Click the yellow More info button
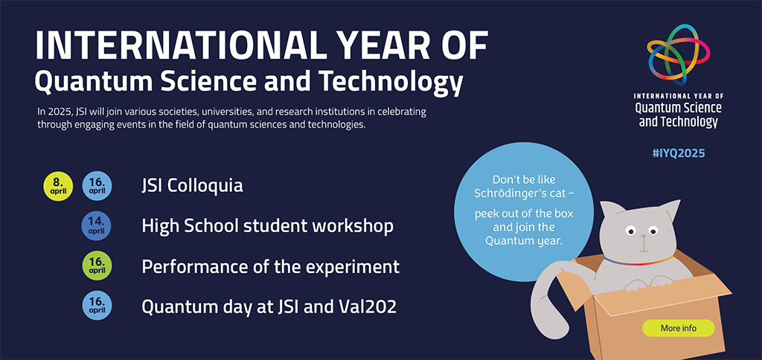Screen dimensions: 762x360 tap(679, 328)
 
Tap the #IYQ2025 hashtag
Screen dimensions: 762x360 tap(678, 153)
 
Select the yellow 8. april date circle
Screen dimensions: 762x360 tap(58, 187)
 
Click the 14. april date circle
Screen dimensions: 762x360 tap(97, 226)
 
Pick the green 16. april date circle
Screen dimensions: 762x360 tap(97, 266)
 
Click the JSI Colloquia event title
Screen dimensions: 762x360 tap(192, 186)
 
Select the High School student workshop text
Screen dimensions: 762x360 tap(268, 226)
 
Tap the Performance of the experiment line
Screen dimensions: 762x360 tap(271, 267)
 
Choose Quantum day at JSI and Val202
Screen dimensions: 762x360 tap(269, 306)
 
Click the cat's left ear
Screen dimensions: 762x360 tap(611, 210)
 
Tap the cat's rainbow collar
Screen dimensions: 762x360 tap(638, 261)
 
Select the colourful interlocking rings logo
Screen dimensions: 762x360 tap(679, 54)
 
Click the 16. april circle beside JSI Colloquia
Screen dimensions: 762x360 tap(97, 187)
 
